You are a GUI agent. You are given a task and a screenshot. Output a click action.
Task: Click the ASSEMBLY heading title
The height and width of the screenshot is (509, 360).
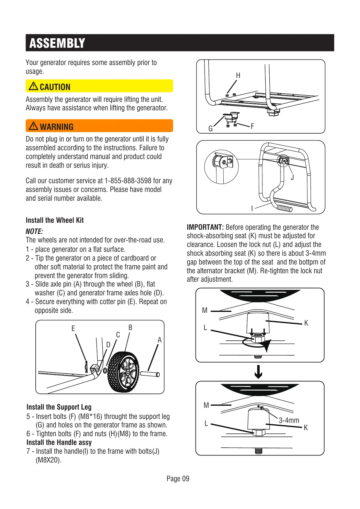click(x=57, y=43)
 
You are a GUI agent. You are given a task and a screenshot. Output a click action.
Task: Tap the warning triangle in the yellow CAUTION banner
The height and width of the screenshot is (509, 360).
click(x=33, y=86)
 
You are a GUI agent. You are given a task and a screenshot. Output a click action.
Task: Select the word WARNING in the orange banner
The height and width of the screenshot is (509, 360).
click(x=57, y=127)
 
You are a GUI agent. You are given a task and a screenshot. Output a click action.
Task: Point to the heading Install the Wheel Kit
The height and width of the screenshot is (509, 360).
click(x=54, y=220)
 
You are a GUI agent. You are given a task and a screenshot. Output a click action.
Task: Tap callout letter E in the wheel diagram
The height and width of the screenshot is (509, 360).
click(x=73, y=328)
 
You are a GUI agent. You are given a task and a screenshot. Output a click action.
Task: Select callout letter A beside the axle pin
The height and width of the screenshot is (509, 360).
click(x=160, y=340)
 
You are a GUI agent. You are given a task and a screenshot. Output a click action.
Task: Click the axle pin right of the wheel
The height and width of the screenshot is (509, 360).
click(x=150, y=374)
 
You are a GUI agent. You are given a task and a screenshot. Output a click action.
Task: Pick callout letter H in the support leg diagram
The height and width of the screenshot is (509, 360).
click(x=238, y=76)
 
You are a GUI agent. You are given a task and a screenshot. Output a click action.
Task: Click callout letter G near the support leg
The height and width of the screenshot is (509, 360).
click(x=211, y=129)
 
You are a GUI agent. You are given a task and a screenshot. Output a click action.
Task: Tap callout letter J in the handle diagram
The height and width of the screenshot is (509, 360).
click(x=292, y=177)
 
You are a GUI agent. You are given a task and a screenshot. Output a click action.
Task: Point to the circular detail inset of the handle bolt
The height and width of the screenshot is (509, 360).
click(x=221, y=166)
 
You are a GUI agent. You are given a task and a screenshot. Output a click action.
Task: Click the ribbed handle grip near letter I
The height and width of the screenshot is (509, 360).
click(x=284, y=208)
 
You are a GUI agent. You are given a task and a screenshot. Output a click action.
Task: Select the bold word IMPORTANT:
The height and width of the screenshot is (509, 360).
click(x=205, y=227)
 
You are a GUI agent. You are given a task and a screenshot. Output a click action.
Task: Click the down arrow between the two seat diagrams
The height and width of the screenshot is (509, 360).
click(x=258, y=372)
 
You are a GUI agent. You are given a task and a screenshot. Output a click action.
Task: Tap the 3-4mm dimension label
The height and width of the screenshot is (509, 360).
click(x=289, y=420)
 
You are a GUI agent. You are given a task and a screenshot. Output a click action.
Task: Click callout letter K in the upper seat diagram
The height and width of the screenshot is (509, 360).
click(x=306, y=323)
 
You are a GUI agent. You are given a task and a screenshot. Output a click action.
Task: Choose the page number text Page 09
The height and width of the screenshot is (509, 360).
click(x=178, y=478)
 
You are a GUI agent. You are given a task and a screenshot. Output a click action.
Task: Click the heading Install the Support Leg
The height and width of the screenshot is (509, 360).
click(x=59, y=407)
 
